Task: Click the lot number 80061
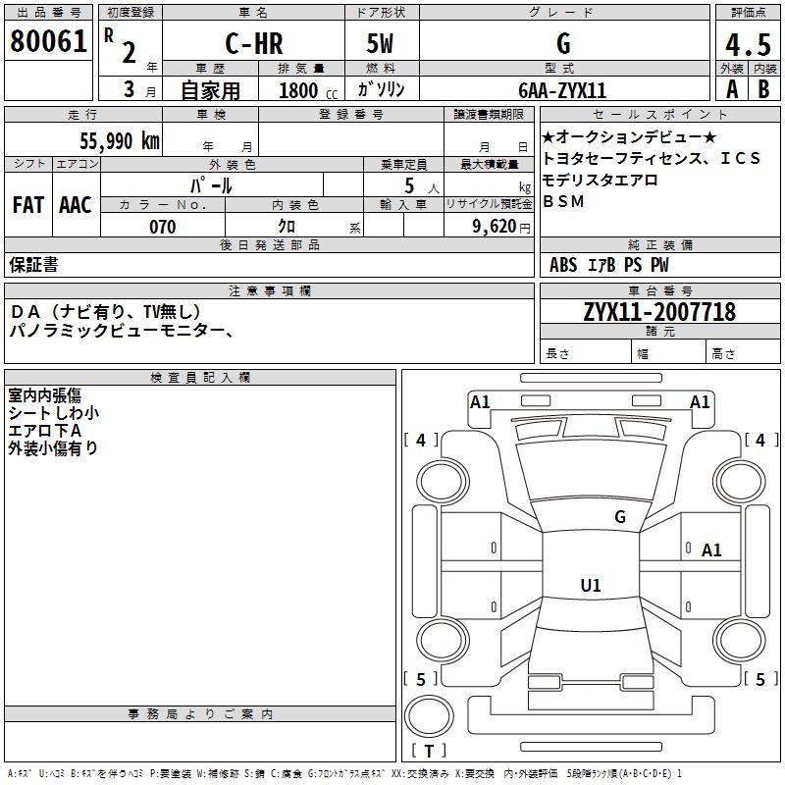47,41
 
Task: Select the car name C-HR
252,44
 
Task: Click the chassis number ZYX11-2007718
658,312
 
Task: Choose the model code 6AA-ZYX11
562,89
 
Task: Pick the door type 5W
382,44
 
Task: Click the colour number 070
163,227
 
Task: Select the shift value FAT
27,205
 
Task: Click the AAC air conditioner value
75,205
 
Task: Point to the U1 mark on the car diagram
590,586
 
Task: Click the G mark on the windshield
619,517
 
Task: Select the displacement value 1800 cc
307,90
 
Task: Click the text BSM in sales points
563,201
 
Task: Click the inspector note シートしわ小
53,413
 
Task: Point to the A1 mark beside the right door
711,550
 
